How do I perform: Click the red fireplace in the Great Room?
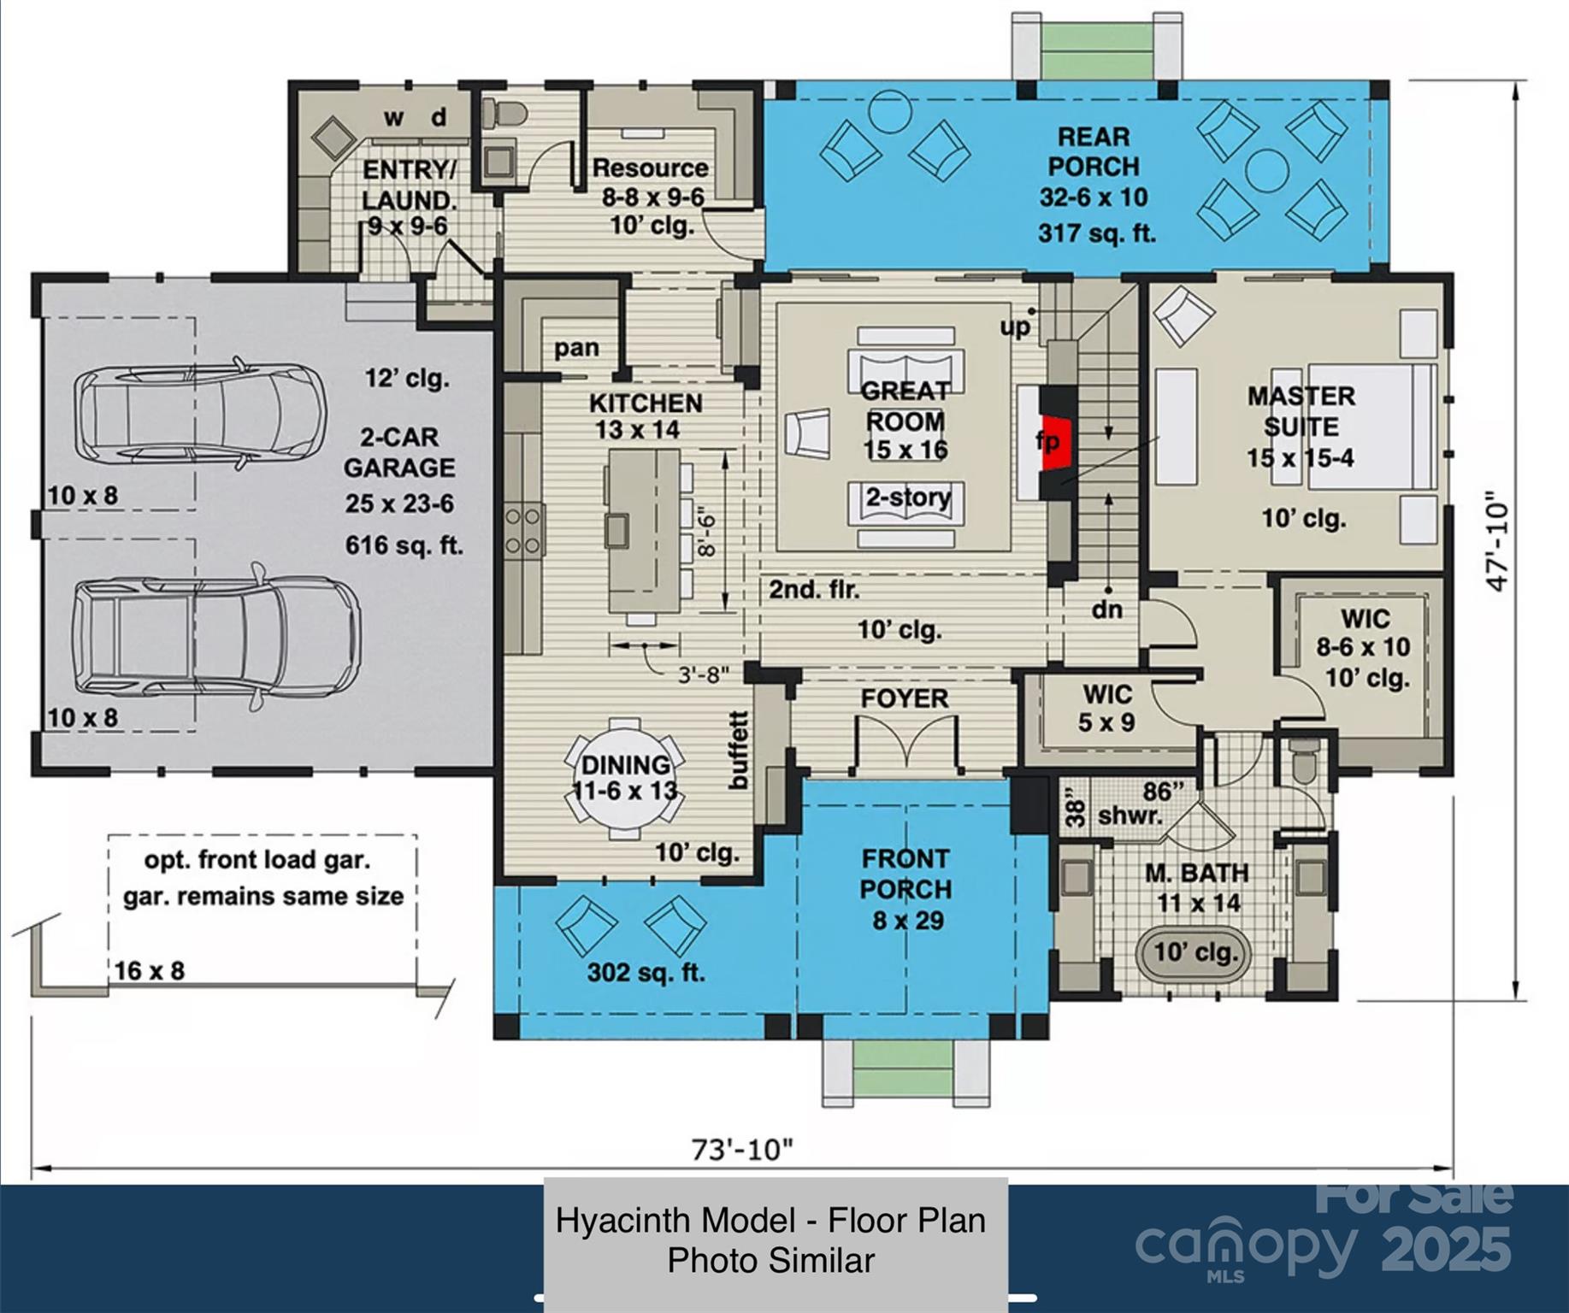pos(1057,442)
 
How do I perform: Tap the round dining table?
pos(625,778)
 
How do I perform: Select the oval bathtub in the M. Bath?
pos(1194,954)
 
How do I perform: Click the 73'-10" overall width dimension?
pos(742,1150)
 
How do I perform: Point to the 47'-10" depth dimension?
pos(1497,541)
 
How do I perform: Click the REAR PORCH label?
pos(1094,151)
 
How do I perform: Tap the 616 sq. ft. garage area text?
pos(404,545)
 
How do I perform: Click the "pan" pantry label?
pos(576,349)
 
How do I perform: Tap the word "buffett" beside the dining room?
pos(738,750)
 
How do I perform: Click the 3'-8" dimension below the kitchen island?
pos(704,674)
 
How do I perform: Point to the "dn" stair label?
pos(1106,609)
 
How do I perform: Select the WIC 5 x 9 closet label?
pos(1106,709)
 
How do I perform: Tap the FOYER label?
pos(905,698)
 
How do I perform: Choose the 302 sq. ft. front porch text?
pos(646,973)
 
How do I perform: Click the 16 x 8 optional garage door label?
pos(150,971)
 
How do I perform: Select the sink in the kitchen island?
pos(616,531)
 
